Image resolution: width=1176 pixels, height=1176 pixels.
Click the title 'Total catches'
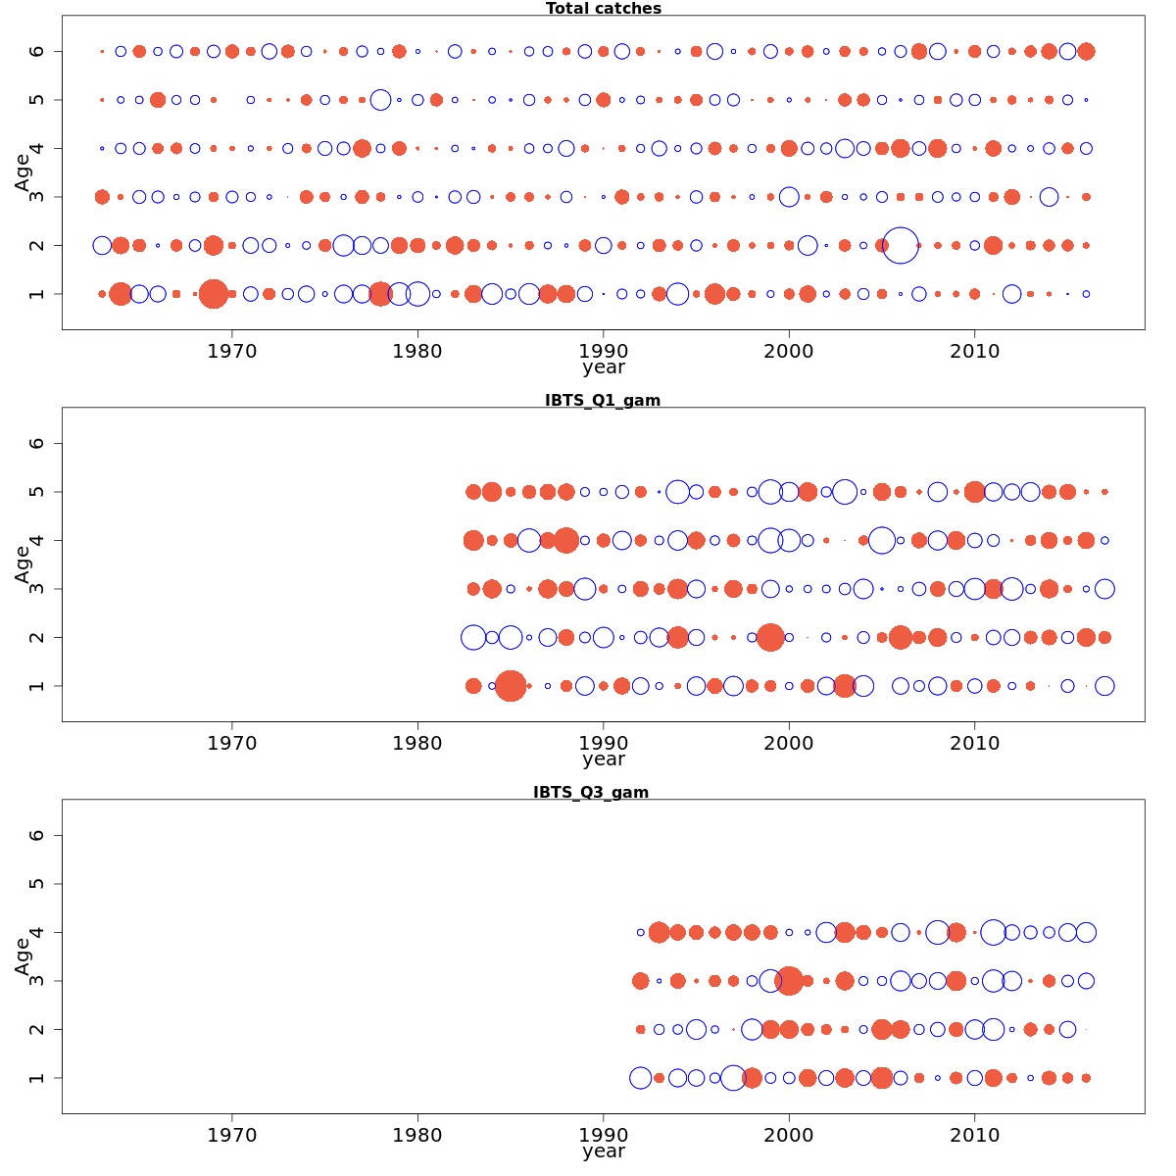[x=604, y=9]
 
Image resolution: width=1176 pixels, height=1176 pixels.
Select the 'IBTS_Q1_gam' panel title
[x=603, y=400]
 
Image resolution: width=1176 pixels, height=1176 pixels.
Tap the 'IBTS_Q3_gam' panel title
[x=591, y=792]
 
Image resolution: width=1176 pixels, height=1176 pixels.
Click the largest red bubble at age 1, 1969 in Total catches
[x=214, y=294]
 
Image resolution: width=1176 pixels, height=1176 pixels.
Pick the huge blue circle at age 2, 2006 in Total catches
[x=901, y=245]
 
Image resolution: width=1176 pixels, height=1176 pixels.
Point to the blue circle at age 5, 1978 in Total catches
[x=380, y=100]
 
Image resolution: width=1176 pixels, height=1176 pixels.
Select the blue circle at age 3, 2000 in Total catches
[x=789, y=197]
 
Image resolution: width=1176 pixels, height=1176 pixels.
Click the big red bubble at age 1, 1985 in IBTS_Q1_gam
[x=510, y=686]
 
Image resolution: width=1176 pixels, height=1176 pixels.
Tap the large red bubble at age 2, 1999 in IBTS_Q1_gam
[x=770, y=637]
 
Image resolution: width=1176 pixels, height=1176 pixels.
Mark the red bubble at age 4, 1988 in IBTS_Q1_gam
[x=565, y=540]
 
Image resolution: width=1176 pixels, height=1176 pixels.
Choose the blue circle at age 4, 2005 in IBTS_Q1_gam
[x=882, y=540]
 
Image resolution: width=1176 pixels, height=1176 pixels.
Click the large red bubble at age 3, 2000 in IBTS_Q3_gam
[x=789, y=980]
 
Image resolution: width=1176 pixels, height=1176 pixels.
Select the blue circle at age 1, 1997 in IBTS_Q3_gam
[x=733, y=1078]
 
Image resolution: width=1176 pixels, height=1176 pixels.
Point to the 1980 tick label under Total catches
[x=417, y=351]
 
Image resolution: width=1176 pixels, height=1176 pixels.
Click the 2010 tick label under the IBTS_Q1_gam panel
[x=974, y=743]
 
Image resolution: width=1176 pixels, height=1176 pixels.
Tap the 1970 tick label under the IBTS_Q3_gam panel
[x=232, y=1135]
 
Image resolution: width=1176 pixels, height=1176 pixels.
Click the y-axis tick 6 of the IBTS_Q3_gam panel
[x=37, y=835]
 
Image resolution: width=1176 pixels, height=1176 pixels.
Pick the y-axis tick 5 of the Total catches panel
[x=37, y=100]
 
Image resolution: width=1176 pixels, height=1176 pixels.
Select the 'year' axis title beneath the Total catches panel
[x=603, y=368]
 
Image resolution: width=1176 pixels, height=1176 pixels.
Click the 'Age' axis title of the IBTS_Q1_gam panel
[x=23, y=564]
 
